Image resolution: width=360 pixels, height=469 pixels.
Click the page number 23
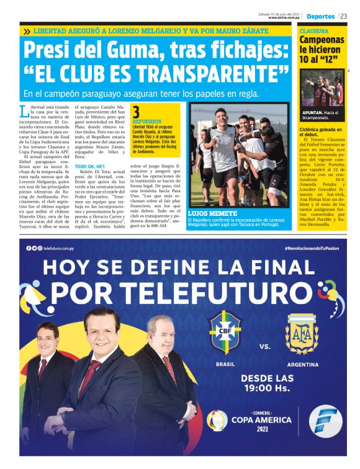click(343, 16)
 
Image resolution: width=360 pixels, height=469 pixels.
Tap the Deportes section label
click(320, 16)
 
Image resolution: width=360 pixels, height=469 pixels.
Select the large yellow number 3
click(136, 112)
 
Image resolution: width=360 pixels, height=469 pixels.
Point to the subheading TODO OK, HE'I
click(89, 167)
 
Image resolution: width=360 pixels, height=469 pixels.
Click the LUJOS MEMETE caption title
click(208, 213)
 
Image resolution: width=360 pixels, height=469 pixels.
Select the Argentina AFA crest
click(302, 333)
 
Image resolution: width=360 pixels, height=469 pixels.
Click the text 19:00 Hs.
click(266, 388)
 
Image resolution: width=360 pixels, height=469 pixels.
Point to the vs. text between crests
click(265, 346)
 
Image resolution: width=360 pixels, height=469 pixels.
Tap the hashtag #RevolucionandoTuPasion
click(312, 248)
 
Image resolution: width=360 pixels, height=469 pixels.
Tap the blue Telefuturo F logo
click(322, 421)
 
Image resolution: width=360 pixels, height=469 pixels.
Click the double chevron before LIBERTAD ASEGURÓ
click(27, 30)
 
